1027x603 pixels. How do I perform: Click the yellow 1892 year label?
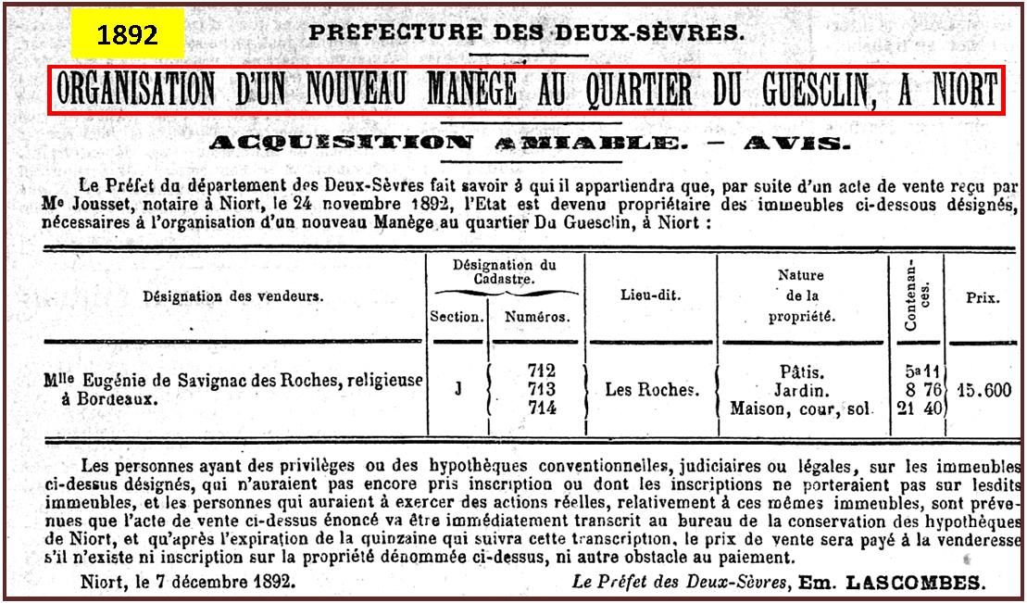[x=128, y=35]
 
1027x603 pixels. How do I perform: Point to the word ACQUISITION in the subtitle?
[x=341, y=143]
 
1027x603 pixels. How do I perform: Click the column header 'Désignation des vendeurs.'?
[x=232, y=296]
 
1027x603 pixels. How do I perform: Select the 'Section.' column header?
[x=457, y=316]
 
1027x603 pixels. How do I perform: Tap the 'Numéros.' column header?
[x=537, y=316]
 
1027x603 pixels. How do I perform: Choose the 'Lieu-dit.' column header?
[x=650, y=295]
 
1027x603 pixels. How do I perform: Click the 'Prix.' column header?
[x=983, y=298]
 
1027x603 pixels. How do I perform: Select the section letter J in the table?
[x=457, y=389]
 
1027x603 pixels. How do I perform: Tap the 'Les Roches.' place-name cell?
[x=652, y=390]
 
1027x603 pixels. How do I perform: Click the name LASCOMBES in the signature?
[x=921, y=583]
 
